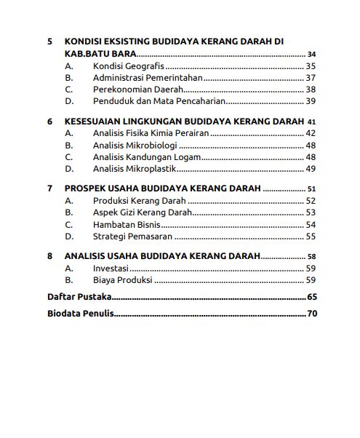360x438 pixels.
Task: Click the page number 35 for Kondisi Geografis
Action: [x=311, y=65]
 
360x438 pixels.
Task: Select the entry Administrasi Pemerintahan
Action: [x=148, y=77]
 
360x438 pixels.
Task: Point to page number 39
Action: [x=311, y=100]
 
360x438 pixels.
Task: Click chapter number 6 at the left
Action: [x=49, y=122]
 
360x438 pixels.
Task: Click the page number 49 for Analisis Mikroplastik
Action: [x=311, y=168]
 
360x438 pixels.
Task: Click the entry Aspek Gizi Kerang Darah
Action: [x=143, y=212]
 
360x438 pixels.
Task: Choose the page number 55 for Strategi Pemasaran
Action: [x=311, y=236]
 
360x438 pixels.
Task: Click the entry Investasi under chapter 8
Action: [x=111, y=268]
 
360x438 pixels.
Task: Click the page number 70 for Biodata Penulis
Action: [x=313, y=314]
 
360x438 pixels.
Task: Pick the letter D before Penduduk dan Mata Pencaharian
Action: [x=69, y=100]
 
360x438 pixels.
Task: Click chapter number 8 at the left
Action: [x=49, y=256]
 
